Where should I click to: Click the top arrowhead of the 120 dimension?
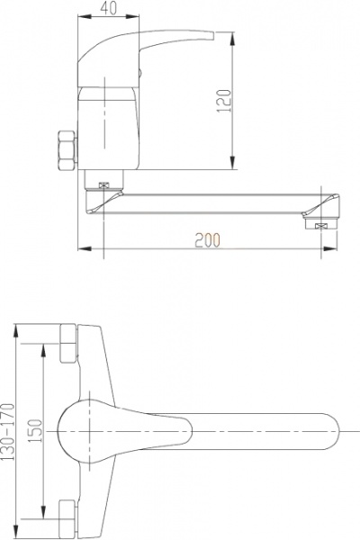coord(235,35)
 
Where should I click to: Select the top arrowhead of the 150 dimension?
coord(42,346)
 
